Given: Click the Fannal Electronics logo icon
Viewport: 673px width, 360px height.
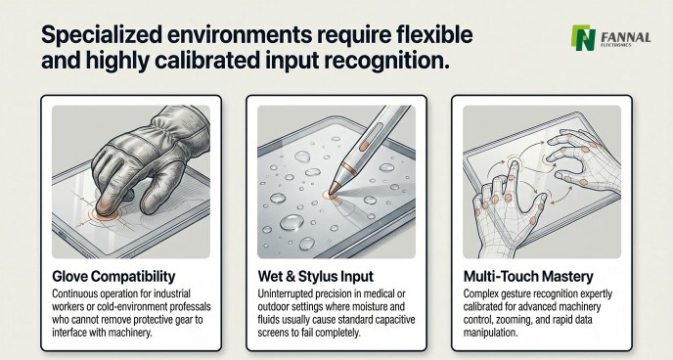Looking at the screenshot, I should coord(583,38).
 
